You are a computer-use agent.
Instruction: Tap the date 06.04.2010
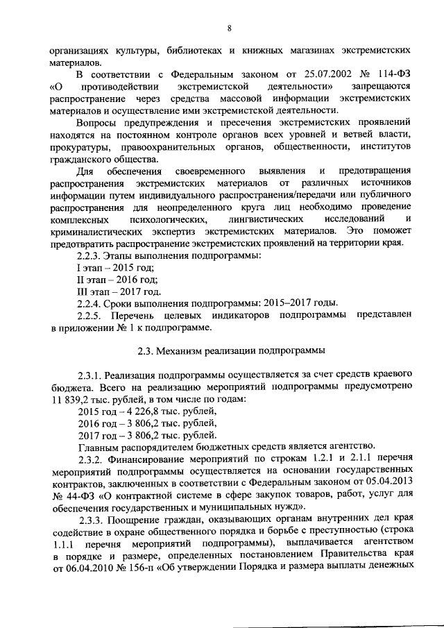click(89, 566)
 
